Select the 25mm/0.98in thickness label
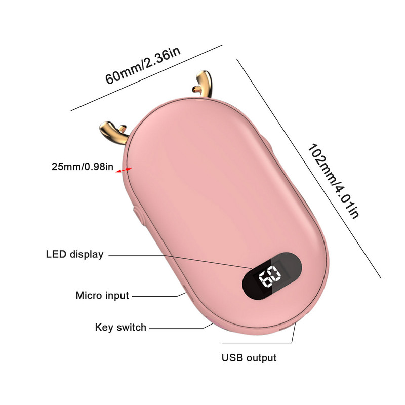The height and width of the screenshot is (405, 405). (82, 166)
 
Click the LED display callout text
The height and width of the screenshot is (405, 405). (74, 254)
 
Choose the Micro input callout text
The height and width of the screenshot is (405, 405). (102, 295)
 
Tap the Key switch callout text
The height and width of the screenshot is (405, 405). (120, 327)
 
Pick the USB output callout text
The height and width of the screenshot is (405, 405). (249, 358)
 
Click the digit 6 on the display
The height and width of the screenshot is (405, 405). (264, 278)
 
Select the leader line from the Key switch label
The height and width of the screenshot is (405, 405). (177, 328)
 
